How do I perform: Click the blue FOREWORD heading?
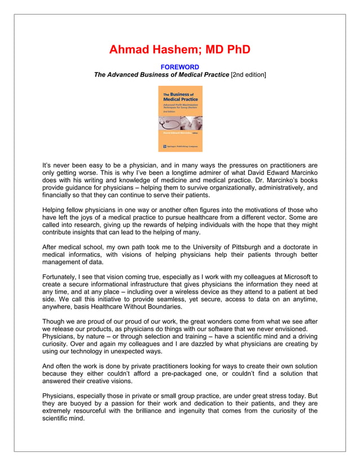click(x=180, y=67)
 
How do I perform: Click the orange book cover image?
click(x=180, y=118)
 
